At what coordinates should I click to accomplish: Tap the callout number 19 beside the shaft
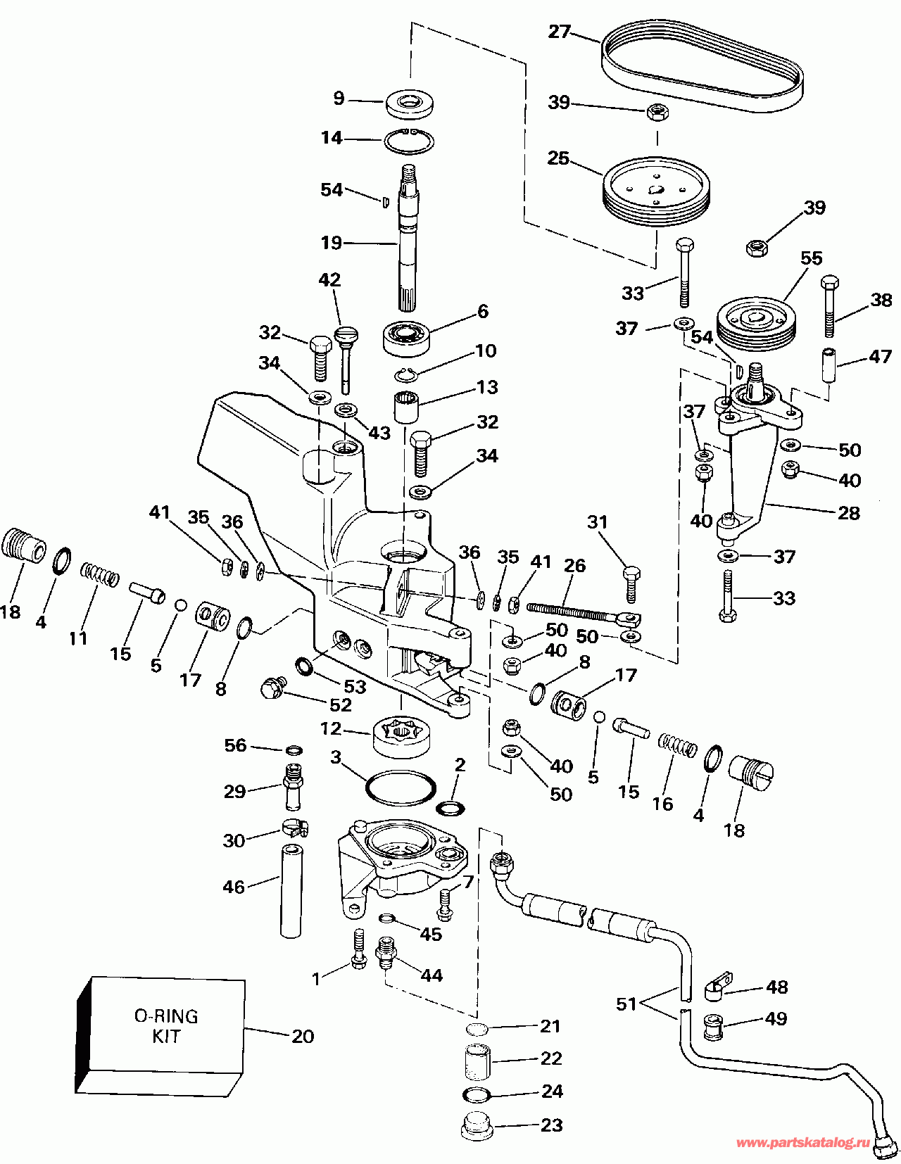pos(332,243)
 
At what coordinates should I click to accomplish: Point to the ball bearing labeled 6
pos(408,337)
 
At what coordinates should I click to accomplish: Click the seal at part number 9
pos(410,103)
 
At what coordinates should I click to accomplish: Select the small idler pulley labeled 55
pos(757,322)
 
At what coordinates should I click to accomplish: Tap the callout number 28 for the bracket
pos(848,512)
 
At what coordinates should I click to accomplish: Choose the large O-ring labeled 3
pos(400,787)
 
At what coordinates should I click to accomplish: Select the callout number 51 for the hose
pos(626,1004)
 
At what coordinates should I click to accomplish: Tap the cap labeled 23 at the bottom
pos(477,1127)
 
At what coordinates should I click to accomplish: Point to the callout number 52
pos(341,704)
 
